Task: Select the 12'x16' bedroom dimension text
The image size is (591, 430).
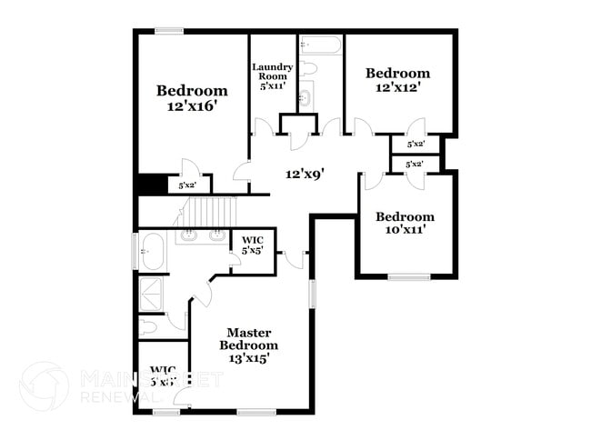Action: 191,106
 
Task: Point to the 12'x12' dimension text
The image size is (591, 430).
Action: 397,89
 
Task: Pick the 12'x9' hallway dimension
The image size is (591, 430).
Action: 305,173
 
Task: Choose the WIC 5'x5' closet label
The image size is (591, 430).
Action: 252,245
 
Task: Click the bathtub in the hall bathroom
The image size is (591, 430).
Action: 319,44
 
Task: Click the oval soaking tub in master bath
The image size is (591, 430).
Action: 152,251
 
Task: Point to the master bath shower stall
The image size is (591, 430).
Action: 149,294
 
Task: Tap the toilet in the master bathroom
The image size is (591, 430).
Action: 148,325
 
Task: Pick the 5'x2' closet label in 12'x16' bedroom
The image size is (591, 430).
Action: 188,185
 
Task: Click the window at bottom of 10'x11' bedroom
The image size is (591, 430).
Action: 408,276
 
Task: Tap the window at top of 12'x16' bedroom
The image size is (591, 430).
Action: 169,32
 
